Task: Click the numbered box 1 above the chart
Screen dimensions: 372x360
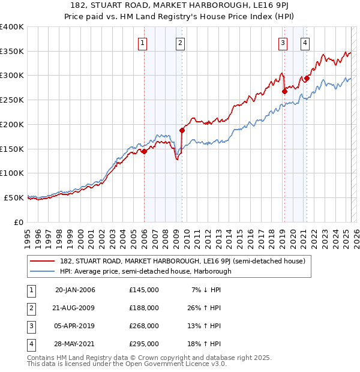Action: [x=143, y=42]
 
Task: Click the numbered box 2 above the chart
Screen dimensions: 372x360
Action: [x=180, y=42]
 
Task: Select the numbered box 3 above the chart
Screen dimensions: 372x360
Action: [x=282, y=42]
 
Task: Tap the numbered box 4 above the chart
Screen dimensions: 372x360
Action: [x=305, y=42]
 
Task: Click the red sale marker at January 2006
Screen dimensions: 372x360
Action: [x=144, y=152]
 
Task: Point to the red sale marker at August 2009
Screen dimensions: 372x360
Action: [x=182, y=130]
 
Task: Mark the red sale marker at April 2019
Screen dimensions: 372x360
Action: [x=284, y=91]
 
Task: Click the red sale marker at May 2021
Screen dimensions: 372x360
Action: [x=307, y=78]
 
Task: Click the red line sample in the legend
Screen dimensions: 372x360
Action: [x=42, y=261]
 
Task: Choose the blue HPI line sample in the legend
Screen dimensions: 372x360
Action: [x=42, y=271]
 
